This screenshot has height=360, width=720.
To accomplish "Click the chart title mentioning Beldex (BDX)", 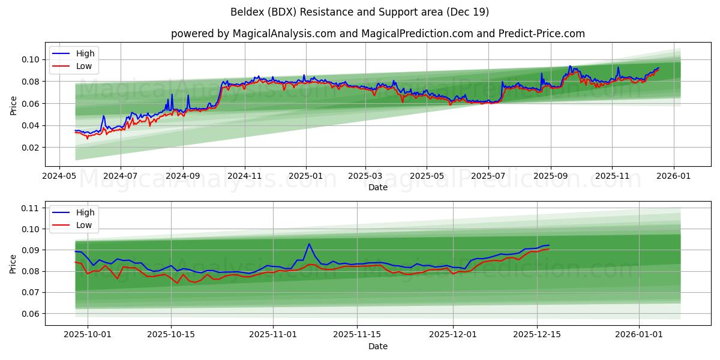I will point(359,12).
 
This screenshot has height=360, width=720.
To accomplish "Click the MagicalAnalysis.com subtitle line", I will point(377,34).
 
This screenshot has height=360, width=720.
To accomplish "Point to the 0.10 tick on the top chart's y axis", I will point(31,59).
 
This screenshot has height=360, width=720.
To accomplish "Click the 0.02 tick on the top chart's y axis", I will point(31,148).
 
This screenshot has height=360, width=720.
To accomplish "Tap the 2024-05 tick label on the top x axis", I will point(59,176).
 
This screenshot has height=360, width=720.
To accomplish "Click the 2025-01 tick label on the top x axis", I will point(306,176).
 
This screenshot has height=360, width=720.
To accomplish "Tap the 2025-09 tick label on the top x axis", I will point(551,176).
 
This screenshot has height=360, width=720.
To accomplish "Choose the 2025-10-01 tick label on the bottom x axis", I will point(88,335).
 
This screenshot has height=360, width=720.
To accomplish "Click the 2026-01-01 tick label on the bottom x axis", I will point(640,335).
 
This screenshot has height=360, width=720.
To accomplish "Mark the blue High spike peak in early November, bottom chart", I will point(309,244).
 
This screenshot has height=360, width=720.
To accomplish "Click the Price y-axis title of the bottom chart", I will point(13,263).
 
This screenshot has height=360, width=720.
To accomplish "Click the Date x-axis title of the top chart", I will point(377,187).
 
